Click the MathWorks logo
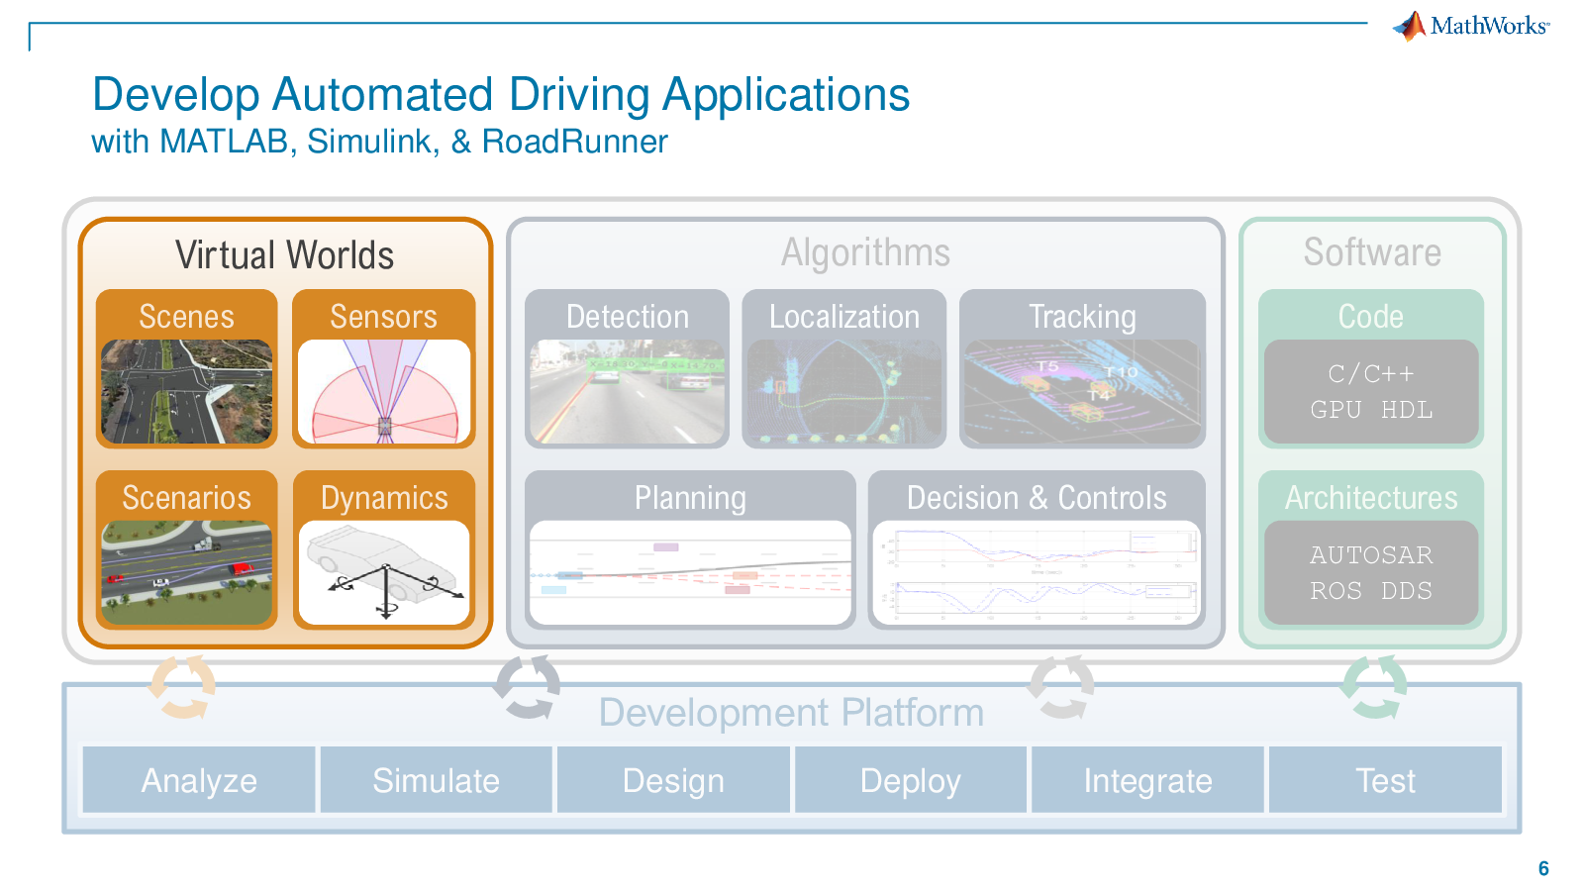click(x=1471, y=26)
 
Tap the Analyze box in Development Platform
click(x=199, y=780)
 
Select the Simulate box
click(x=436, y=780)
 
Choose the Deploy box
click(x=910, y=780)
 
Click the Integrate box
click(x=1147, y=780)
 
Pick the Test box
click(x=1385, y=780)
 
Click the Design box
click(x=673, y=780)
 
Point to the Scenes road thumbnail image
click(x=186, y=391)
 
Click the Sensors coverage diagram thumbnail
click(x=384, y=391)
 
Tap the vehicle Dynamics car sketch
click(x=384, y=573)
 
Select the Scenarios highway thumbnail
click(x=186, y=573)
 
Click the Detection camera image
click(x=627, y=391)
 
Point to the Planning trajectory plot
click(x=690, y=573)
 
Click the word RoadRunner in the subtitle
click(x=574, y=142)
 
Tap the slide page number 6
click(x=1543, y=868)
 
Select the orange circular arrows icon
click(x=182, y=686)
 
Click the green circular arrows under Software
click(x=1374, y=686)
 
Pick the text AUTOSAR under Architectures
click(x=1371, y=555)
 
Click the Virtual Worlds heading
click(x=285, y=255)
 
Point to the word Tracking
click(x=1082, y=317)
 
